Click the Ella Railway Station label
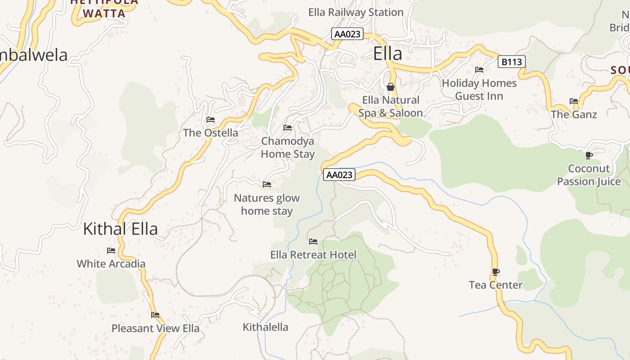pos(355,12)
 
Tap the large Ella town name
pos(387,54)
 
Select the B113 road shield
pos(512,62)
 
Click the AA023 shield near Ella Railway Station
pos(347,34)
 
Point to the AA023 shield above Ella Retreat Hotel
pos(339,175)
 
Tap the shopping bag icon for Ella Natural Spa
pos(391,86)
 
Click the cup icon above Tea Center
pos(495,272)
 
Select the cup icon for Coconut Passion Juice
pos(589,156)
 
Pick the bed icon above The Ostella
pos(210,120)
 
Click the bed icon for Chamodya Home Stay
pos(288,128)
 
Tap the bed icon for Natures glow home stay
pos(267,184)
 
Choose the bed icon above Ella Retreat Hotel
pos(313,242)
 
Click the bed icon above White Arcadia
pos(111,251)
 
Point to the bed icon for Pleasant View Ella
pos(155,315)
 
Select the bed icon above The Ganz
pos(574,101)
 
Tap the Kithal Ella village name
pos(120,229)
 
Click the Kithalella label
pos(265,327)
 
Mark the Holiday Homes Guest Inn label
pos(479,90)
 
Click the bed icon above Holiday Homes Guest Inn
pos(479,70)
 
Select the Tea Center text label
pos(495,285)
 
